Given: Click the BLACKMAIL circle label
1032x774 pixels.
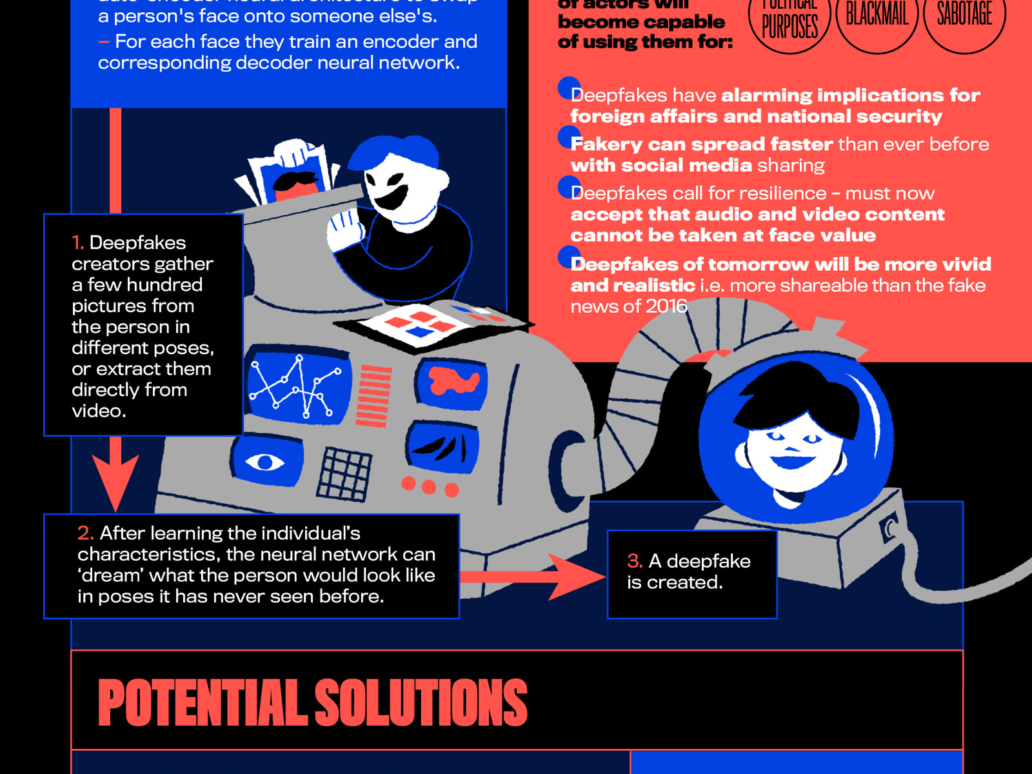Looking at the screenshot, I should [877, 14].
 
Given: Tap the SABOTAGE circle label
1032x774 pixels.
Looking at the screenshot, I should [964, 14].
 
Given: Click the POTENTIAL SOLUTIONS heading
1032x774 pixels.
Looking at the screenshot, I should [312, 703].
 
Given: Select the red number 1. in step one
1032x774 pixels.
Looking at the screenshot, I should [78, 243].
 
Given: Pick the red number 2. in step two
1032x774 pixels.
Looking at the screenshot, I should [86, 533].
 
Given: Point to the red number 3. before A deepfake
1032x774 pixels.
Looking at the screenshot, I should [635, 561].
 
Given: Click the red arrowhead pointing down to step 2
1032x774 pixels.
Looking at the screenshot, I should [115, 481].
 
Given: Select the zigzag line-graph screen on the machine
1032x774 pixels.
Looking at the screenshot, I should [297, 387].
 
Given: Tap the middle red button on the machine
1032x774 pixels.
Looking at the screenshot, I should [429, 486].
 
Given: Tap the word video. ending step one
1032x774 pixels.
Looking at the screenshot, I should [99, 411].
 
